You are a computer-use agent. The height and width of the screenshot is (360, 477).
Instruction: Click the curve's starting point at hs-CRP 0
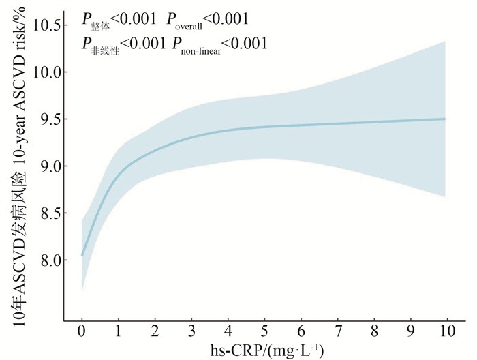point(82,254)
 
